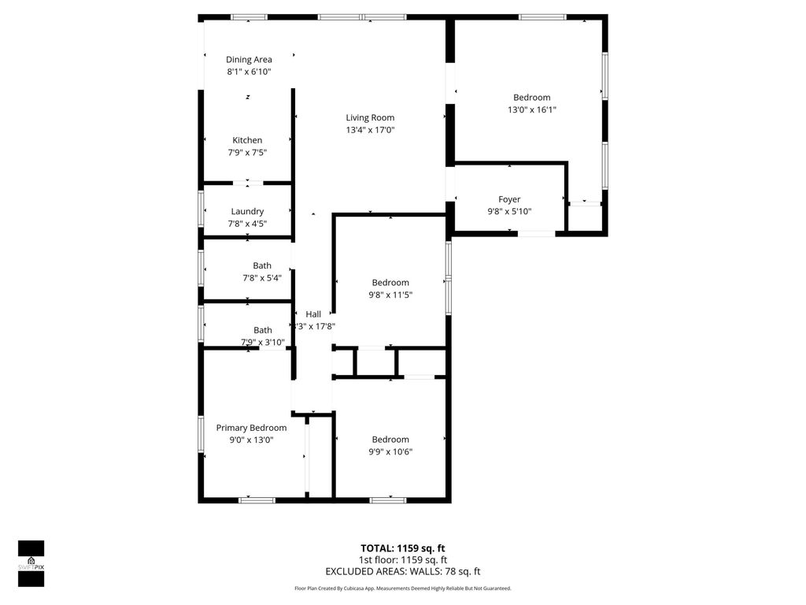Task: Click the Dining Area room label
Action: coord(249,60)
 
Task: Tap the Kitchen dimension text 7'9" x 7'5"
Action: coord(247,153)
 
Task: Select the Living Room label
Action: coord(370,118)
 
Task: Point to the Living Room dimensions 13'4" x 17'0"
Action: coord(370,130)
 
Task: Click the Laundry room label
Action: coord(247,211)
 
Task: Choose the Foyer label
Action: coord(509,199)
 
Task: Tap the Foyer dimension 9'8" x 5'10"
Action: coord(509,211)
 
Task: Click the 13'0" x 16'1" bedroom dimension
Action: coord(532,110)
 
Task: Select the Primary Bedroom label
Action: coord(251,428)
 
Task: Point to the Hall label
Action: coord(313,314)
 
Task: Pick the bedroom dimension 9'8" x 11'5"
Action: coord(390,295)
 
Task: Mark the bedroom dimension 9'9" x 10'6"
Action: coord(390,451)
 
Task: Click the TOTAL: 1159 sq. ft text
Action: coord(402,548)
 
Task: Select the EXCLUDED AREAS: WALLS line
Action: coord(402,572)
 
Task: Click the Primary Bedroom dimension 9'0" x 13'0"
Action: coord(251,440)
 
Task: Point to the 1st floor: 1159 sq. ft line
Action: coord(402,560)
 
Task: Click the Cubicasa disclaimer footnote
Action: coord(402,588)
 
